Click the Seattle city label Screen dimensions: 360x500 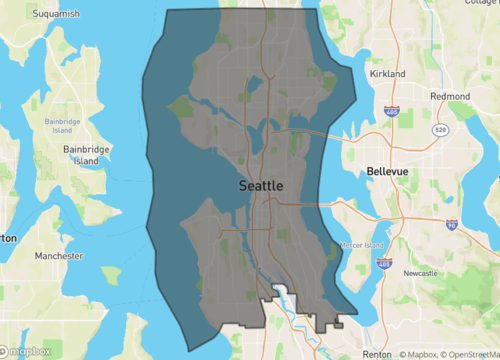click(x=261, y=186)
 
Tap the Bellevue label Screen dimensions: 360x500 click(x=389, y=172)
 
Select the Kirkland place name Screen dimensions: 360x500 click(x=387, y=74)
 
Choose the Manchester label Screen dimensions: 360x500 click(x=58, y=256)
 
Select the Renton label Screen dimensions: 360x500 click(x=376, y=354)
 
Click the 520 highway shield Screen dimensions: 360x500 click(x=441, y=130)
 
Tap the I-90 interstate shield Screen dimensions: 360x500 click(x=452, y=226)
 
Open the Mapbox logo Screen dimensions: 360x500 click(x=27, y=351)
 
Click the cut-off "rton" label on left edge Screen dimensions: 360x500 click(x=8, y=238)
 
